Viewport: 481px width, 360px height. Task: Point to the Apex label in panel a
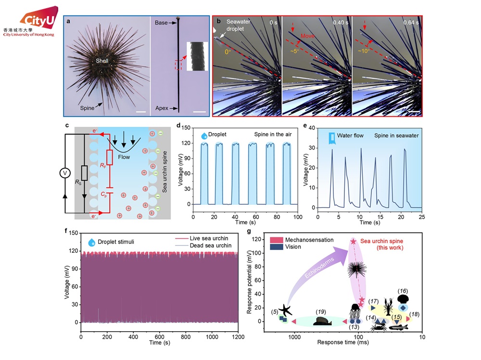(x=162, y=109)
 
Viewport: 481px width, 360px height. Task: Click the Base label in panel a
(x=161, y=23)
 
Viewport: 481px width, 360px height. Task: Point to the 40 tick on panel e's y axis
(x=312, y=127)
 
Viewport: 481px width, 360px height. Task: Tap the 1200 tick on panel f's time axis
(x=238, y=336)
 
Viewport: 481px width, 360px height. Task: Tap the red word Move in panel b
(x=308, y=36)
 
